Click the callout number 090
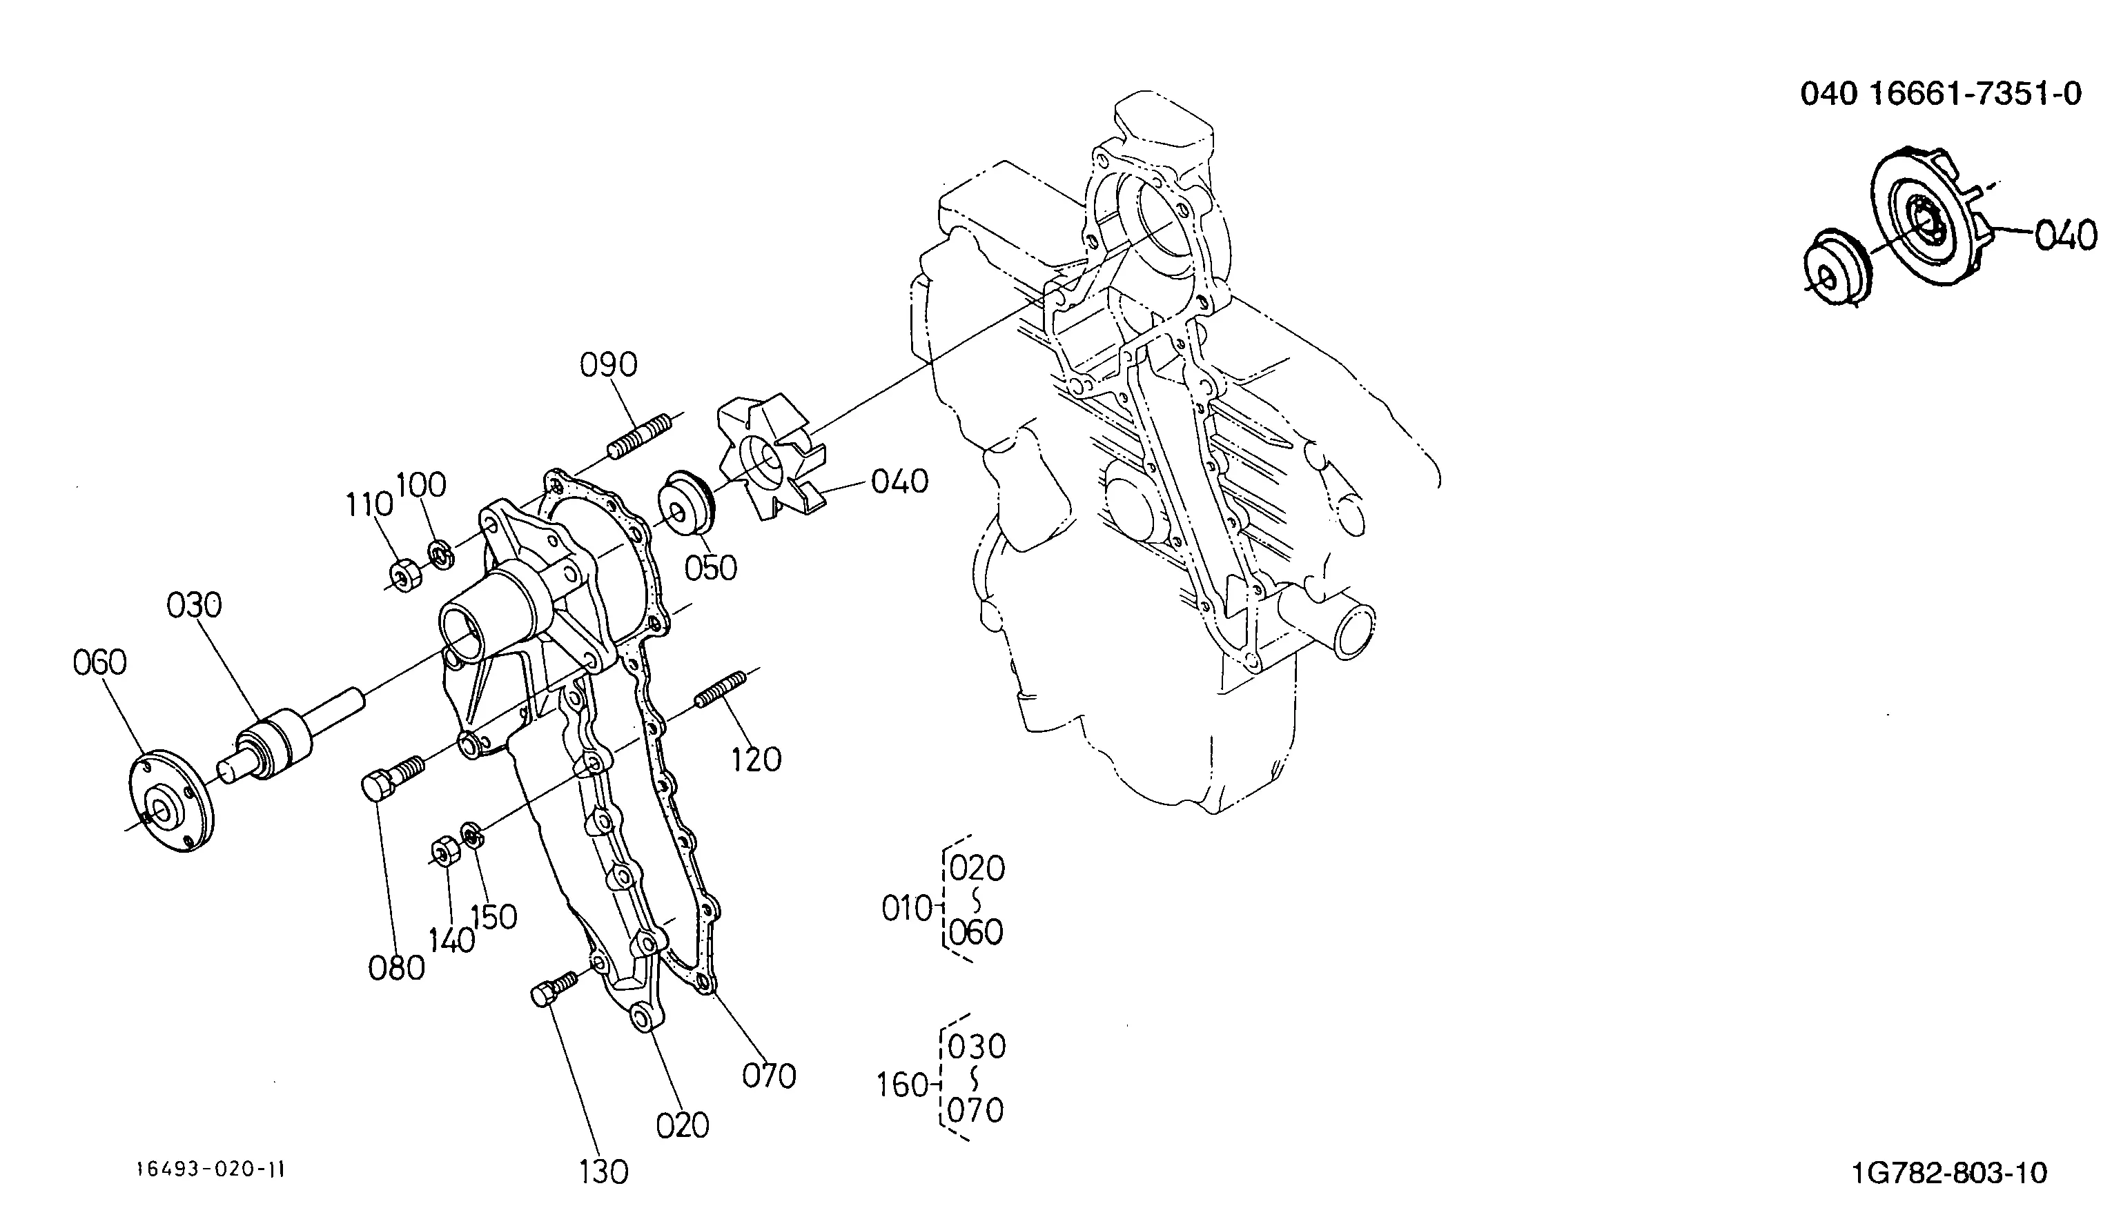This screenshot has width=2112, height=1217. pyautogui.click(x=609, y=365)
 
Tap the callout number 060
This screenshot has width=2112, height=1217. pyautogui.click(x=99, y=663)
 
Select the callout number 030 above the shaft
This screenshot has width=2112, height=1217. pyautogui.click(x=194, y=605)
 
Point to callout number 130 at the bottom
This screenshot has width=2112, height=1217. pyautogui.click(x=603, y=1173)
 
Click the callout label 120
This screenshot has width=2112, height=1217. pyautogui.click(x=756, y=760)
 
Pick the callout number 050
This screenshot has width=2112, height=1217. pyautogui.click(x=711, y=568)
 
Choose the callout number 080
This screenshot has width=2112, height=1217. pyautogui.click(x=396, y=969)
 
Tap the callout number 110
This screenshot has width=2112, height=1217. pyautogui.click(x=369, y=505)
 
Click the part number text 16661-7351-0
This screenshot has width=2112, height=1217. pyautogui.click(x=1975, y=94)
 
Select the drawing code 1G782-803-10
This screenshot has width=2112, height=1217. pyautogui.click(x=1950, y=1174)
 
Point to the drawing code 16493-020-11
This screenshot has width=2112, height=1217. pyautogui.click(x=211, y=1169)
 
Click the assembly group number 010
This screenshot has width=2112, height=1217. pyautogui.click(x=907, y=909)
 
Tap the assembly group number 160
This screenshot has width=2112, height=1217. pyautogui.click(x=903, y=1085)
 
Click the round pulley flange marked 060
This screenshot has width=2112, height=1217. pyautogui.click(x=170, y=802)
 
